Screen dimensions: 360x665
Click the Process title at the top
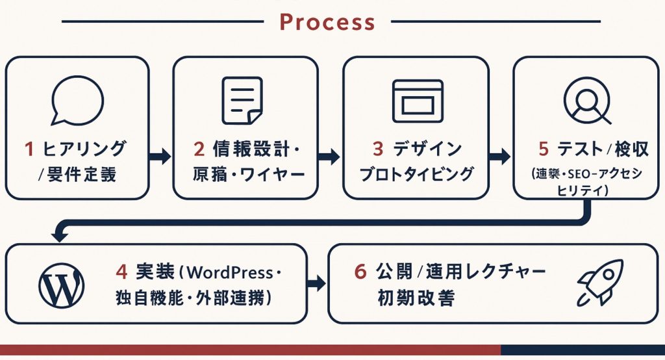click(x=327, y=21)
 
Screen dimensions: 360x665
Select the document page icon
click(x=242, y=101)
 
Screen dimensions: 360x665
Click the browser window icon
click(x=417, y=101)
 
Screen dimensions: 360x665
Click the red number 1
click(x=29, y=149)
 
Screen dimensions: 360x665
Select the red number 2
click(x=199, y=149)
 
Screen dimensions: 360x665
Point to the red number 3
click(x=378, y=149)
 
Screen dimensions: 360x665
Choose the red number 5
click(x=544, y=149)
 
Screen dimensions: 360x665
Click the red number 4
click(x=123, y=270)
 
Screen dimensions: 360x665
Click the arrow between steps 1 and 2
click(x=160, y=157)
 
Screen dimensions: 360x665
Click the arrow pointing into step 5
click(x=500, y=157)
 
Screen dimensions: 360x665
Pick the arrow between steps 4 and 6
click(x=316, y=283)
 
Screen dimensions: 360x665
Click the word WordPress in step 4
click(x=231, y=270)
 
